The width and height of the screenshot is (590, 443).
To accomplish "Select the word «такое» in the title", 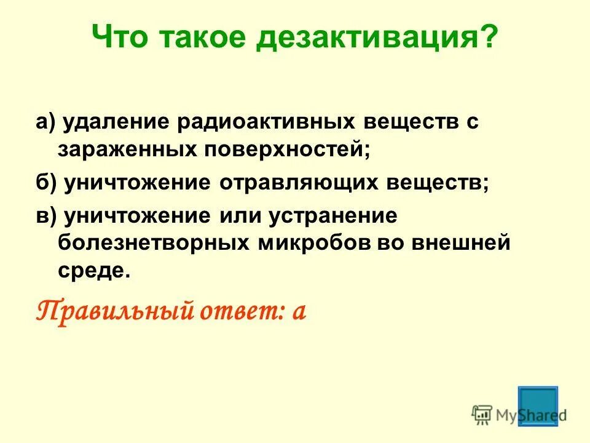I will point(203,39).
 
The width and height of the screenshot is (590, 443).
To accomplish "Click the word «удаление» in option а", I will point(115,122).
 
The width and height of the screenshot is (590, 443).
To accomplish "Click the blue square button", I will point(538,405).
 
